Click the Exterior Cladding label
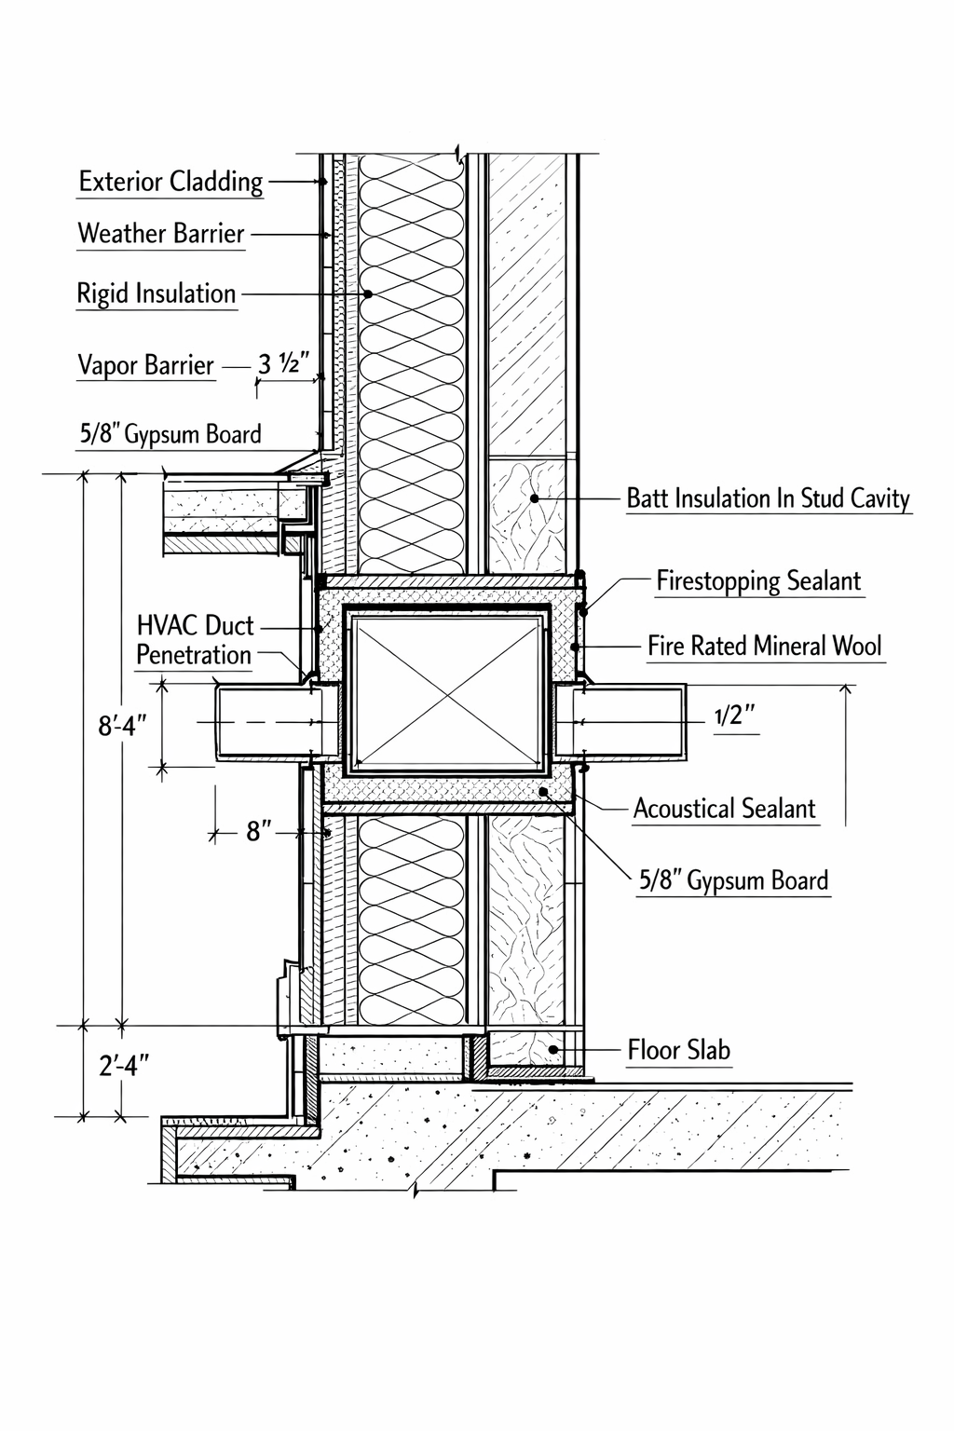pos(170,181)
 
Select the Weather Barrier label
pos(160,233)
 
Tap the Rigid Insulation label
pos(156,293)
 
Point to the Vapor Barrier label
pos(145,365)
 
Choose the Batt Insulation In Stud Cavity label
pos(768,498)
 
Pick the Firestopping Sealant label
pos(758,581)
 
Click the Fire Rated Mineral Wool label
pos(765,646)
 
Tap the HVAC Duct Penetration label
pos(195,640)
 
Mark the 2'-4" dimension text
pos(124,1065)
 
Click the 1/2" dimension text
pos(734,715)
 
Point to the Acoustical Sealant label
pos(724,809)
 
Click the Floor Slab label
pos(678,1050)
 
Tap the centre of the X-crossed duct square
pos(446,692)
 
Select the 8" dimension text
pos(259,831)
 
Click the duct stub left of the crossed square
pos(270,722)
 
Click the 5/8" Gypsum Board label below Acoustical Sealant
pos(733,881)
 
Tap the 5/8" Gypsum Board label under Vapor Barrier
pos(170,434)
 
